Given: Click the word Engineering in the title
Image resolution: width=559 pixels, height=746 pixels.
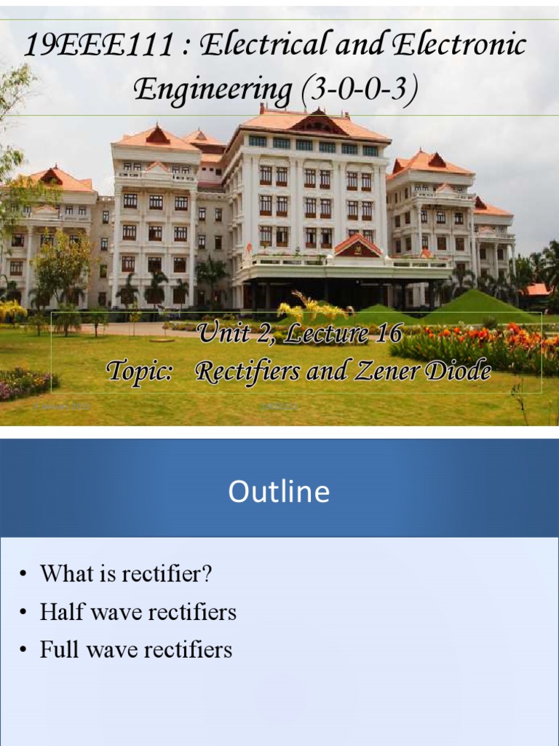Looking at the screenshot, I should [x=212, y=90].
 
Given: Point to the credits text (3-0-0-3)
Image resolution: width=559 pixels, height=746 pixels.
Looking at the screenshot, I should [x=357, y=91].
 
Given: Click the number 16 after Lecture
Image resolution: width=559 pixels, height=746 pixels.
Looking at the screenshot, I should [x=388, y=334].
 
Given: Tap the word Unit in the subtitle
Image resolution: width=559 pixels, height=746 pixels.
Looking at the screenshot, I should [x=223, y=334].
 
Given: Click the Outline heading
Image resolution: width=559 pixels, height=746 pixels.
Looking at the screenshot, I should [x=279, y=492].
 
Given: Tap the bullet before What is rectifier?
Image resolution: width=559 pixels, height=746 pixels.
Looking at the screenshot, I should [x=24, y=575].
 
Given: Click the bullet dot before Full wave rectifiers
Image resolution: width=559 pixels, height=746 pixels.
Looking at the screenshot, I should [x=24, y=651].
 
